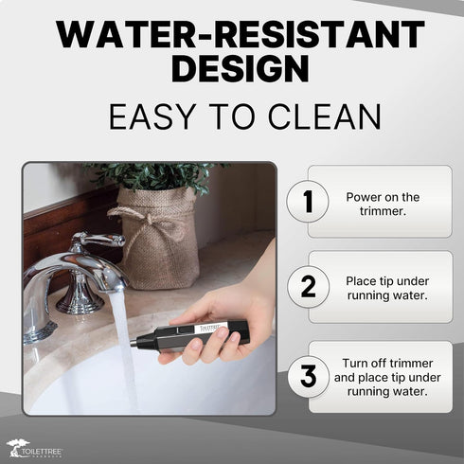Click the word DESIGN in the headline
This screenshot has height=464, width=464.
pyautogui.click(x=241, y=68)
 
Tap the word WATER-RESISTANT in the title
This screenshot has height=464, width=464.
pyautogui.click(x=241, y=34)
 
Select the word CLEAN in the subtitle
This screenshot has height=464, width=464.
pyautogui.click(x=324, y=116)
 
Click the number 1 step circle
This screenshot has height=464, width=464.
pyautogui.click(x=308, y=201)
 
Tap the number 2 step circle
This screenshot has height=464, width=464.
pyautogui.click(x=308, y=287)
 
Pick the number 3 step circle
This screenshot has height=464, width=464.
pyautogui.click(x=309, y=376)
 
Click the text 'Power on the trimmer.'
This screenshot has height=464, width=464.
pyautogui.click(x=383, y=204)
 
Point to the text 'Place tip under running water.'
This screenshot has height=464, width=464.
pyautogui.click(x=387, y=288)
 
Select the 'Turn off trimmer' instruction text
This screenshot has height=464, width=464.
pyautogui.click(x=387, y=364)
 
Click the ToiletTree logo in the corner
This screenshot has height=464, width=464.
pyautogui.click(x=35, y=448)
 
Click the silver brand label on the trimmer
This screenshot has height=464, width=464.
pyautogui.click(x=211, y=327)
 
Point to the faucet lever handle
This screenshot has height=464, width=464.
pyautogui.click(x=98, y=240)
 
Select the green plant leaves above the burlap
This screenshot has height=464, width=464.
pyautogui.click(x=154, y=177)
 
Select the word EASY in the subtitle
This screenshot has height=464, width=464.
pyautogui.click(x=152, y=116)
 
